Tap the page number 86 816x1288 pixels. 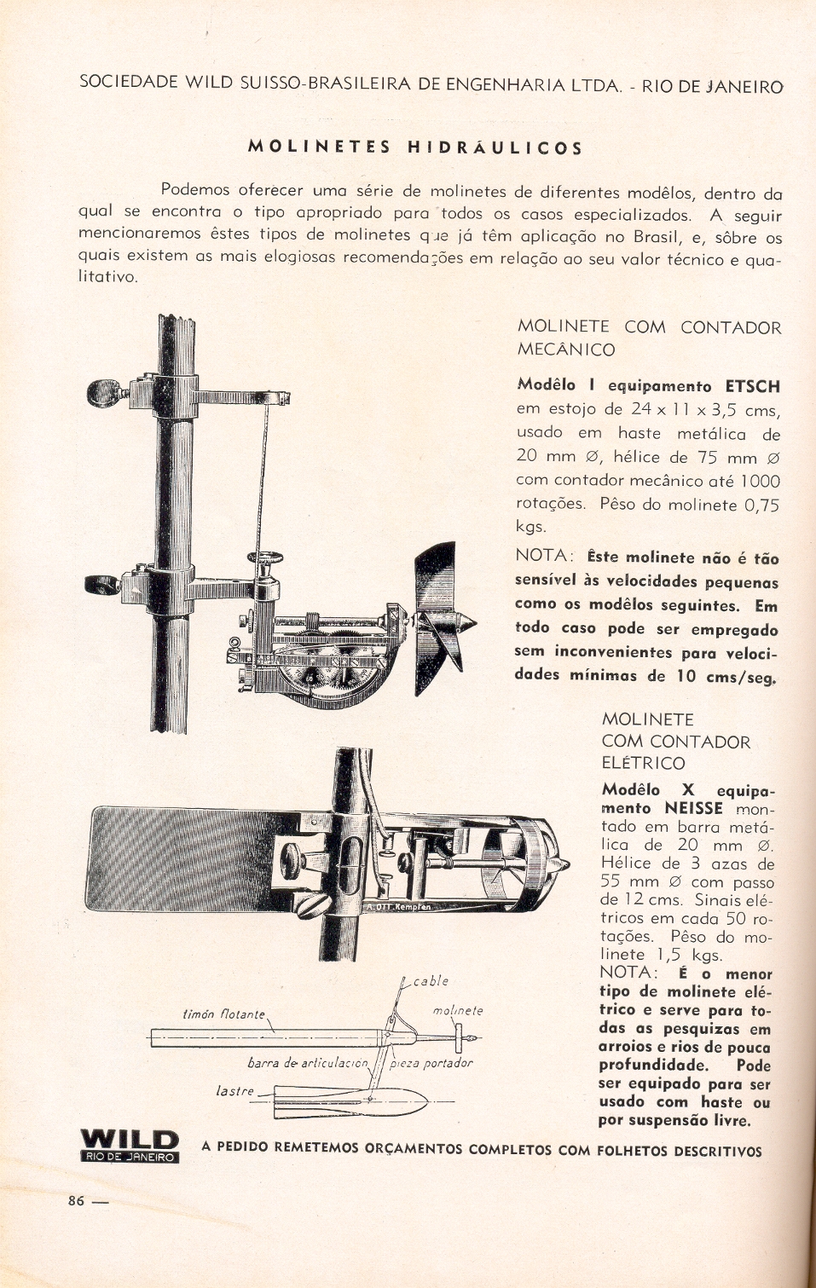pos(77,1200)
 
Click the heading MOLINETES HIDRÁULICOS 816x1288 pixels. pos(415,147)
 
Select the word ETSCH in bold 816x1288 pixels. pos(752,386)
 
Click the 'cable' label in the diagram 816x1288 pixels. pos(431,980)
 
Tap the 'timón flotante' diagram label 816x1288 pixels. pos(224,1014)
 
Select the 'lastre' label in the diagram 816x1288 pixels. pos(234,1090)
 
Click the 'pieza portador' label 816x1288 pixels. pos(431,1063)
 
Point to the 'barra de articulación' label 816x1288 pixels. pos(307,1063)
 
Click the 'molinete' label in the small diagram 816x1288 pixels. pos(458,1010)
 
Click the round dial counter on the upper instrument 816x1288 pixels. pos(333,673)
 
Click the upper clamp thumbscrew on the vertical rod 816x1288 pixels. pos(107,392)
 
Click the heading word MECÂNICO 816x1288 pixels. pos(565,349)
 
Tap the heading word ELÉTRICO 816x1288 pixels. pos(643,763)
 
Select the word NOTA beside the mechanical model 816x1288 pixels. pos(543,556)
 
